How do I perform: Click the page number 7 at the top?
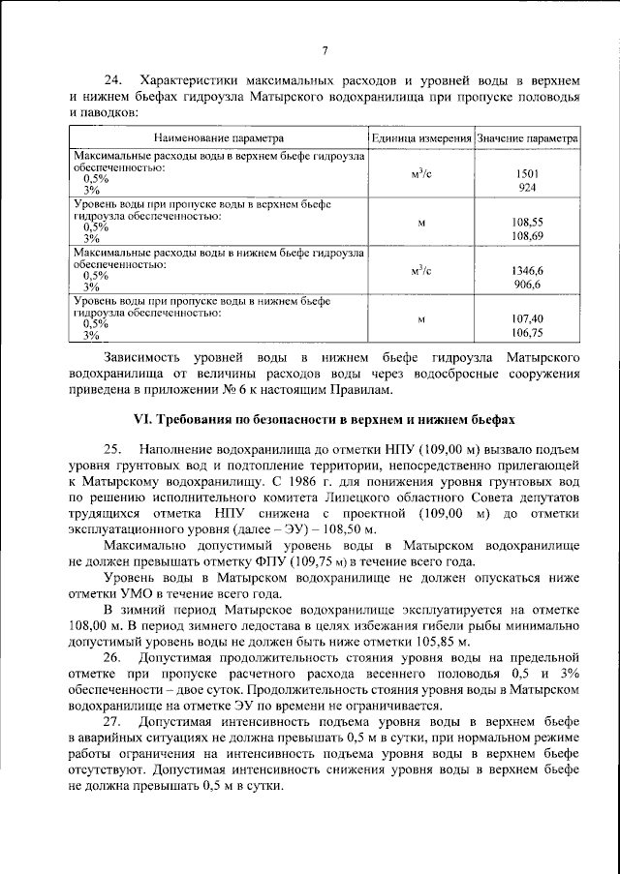click(325, 51)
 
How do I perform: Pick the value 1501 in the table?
click(528, 173)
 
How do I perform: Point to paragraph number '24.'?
click(115, 78)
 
